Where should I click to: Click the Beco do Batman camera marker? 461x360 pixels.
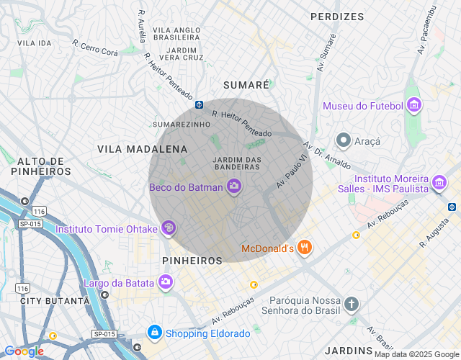233,187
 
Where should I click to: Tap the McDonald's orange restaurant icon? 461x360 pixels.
305,248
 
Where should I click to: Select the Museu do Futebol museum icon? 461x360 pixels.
413,106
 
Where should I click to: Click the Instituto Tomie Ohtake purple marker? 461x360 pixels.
169,229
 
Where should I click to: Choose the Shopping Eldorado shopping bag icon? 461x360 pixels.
154,333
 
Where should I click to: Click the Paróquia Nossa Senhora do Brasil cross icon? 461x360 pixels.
351,304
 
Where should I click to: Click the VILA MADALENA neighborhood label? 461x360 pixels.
142,149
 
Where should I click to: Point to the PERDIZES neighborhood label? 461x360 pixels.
337,16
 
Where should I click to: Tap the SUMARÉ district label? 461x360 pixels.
246,84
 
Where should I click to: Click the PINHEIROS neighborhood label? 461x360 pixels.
192,260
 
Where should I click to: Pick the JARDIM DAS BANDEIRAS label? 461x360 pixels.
236,163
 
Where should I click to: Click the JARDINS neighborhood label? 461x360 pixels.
348,351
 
